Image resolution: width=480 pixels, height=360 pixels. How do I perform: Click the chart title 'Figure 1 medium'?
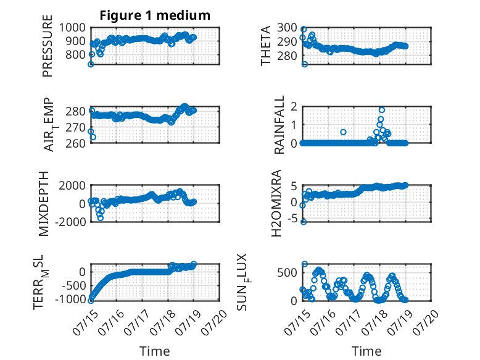click(155, 15)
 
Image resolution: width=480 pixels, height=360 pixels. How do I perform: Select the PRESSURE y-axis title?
click(48, 46)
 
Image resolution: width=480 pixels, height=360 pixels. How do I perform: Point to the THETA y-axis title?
click(266, 46)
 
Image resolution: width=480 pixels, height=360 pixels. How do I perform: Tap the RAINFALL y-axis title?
click(279, 125)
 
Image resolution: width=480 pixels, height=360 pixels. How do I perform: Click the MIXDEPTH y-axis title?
click(44, 204)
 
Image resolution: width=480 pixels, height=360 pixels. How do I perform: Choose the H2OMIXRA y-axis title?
click(276, 203)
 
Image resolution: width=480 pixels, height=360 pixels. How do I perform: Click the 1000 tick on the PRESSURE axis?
click(72, 28)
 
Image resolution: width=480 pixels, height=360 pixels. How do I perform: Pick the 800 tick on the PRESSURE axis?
click(76, 54)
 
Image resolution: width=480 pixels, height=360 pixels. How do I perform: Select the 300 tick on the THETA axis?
click(288, 28)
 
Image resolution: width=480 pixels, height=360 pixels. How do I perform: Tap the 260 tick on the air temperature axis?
click(76, 143)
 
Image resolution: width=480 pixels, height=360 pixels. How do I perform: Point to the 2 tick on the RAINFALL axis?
click(294, 107)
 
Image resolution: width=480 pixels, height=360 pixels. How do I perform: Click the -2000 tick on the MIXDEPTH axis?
click(70, 222)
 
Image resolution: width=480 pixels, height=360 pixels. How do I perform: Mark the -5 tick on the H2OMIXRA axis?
click(292, 219)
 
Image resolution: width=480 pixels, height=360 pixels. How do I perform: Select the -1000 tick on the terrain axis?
click(70, 299)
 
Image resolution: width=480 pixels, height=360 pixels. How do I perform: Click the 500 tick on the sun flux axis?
click(288, 272)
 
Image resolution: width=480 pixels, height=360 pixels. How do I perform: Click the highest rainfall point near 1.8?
click(382, 110)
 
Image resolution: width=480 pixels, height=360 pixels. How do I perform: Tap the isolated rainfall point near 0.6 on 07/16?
click(343, 132)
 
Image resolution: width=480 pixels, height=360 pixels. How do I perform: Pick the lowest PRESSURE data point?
click(91, 64)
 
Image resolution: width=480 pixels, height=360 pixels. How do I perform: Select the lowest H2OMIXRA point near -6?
click(304, 222)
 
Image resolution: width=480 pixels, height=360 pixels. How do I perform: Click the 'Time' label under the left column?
click(155, 351)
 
